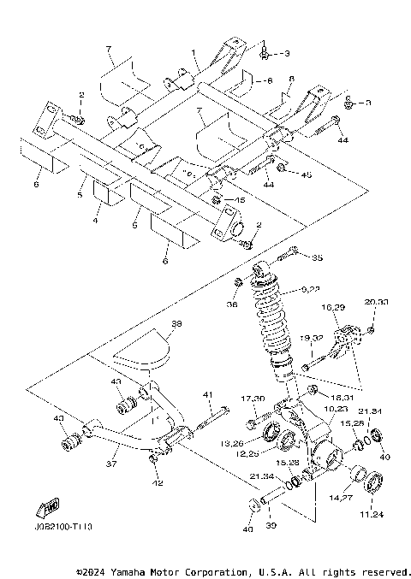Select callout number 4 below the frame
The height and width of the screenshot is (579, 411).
96,221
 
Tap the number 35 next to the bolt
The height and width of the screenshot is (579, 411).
317,257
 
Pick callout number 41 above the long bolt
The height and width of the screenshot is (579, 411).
205,394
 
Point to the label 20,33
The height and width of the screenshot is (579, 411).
376,302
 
